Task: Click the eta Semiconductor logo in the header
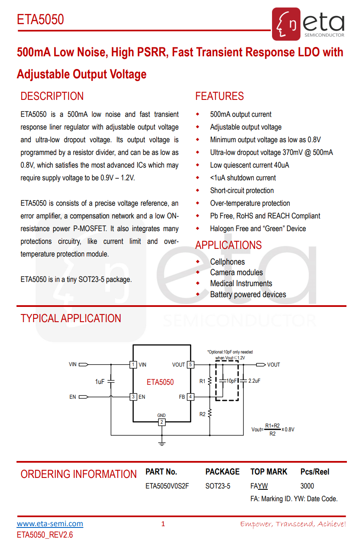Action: [x=308, y=24]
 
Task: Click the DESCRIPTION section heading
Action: [x=52, y=96]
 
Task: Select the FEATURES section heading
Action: [x=219, y=96]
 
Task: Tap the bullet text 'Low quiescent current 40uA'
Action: [x=250, y=165]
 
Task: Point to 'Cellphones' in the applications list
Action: [x=227, y=262]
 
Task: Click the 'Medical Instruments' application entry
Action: [x=241, y=284]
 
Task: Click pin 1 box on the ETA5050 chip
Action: [x=133, y=364]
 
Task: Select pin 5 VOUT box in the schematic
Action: [x=191, y=364]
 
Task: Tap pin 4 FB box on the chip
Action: [x=191, y=397]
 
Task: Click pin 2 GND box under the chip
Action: [x=162, y=422]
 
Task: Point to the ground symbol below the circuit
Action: [x=162, y=443]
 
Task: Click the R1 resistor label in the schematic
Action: [x=202, y=381]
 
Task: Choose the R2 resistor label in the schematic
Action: [x=202, y=414]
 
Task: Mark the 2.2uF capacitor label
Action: [x=254, y=381]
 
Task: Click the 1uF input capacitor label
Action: [x=99, y=381]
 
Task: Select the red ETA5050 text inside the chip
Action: [x=160, y=382]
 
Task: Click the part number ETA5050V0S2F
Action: [x=167, y=486]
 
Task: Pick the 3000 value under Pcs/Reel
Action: [x=307, y=486]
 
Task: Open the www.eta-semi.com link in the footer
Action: [x=50, y=524]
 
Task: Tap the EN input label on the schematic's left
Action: [x=73, y=397]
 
